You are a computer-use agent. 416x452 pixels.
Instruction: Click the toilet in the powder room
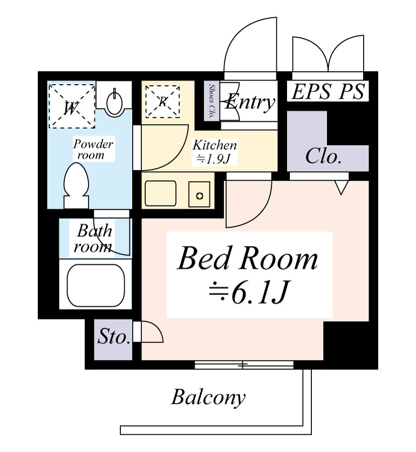click(76, 186)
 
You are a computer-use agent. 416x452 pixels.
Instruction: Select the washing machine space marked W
click(72, 106)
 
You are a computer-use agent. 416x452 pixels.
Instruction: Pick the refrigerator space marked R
click(162, 101)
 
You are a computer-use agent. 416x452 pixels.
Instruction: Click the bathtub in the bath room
click(96, 285)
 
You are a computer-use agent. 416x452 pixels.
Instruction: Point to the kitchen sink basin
click(160, 193)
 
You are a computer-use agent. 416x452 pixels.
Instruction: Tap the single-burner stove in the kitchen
click(199, 194)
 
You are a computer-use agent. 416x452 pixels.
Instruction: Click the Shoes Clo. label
click(212, 101)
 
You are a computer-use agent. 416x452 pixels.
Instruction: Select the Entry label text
click(250, 101)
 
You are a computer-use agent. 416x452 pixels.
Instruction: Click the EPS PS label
click(328, 91)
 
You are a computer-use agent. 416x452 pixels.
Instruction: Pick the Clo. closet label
click(323, 156)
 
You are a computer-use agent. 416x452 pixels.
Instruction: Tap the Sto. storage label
click(114, 337)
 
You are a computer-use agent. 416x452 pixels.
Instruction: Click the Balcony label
click(208, 397)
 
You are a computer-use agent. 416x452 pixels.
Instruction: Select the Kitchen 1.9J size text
click(215, 152)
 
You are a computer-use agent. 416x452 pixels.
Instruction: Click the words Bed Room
click(248, 258)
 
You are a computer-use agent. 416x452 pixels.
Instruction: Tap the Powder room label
click(93, 149)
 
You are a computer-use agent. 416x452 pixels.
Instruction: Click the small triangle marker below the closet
click(342, 188)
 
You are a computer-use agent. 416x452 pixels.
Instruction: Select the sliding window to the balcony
click(244, 365)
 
